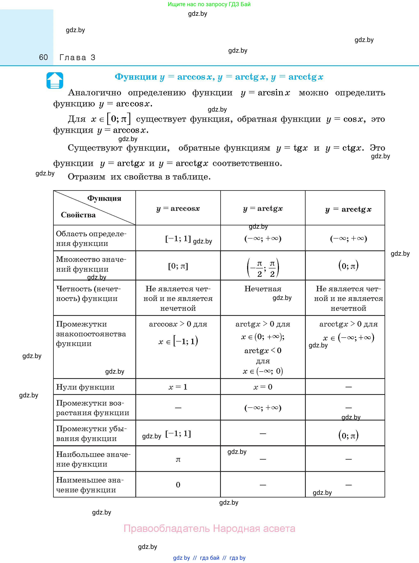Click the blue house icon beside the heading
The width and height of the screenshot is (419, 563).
coord(55,80)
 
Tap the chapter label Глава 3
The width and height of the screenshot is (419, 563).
coord(77,58)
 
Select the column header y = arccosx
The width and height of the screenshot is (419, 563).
coord(178,208)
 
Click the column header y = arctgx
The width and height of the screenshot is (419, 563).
coord(263,208)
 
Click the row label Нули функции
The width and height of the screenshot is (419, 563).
coord(85,387)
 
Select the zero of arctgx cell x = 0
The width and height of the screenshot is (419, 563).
coord(263,387)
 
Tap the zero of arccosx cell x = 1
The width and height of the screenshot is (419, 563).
coord(178,387)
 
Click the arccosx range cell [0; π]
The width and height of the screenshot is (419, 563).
coord(178,266)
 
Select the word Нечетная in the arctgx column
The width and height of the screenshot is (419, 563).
coord(263,289)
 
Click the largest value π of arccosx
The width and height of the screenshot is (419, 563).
coord(178,459)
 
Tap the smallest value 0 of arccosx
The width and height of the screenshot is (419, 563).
coord(178,485)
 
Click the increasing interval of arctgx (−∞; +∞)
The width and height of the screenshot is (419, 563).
coord(263,408)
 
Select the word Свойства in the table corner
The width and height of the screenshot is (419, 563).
coord(78,215)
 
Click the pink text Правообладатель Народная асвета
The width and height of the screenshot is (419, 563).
coord(209,529)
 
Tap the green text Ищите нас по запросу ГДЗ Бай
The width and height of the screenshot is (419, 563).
coord(209,4)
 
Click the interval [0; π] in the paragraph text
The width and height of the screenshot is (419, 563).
coord(119,119)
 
